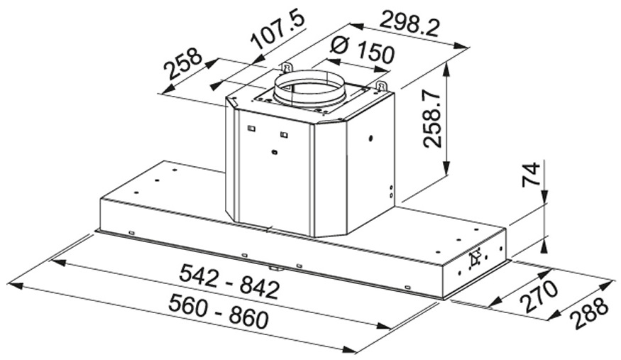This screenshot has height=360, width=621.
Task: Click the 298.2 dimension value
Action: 410,23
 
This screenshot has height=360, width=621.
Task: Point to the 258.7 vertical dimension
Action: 432,119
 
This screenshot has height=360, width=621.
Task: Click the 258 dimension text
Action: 183,64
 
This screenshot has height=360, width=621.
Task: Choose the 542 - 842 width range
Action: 229,282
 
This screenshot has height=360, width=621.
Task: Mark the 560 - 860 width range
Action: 219,312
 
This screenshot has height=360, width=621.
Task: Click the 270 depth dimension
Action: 539,295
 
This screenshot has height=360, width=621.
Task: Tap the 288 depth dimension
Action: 589,313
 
